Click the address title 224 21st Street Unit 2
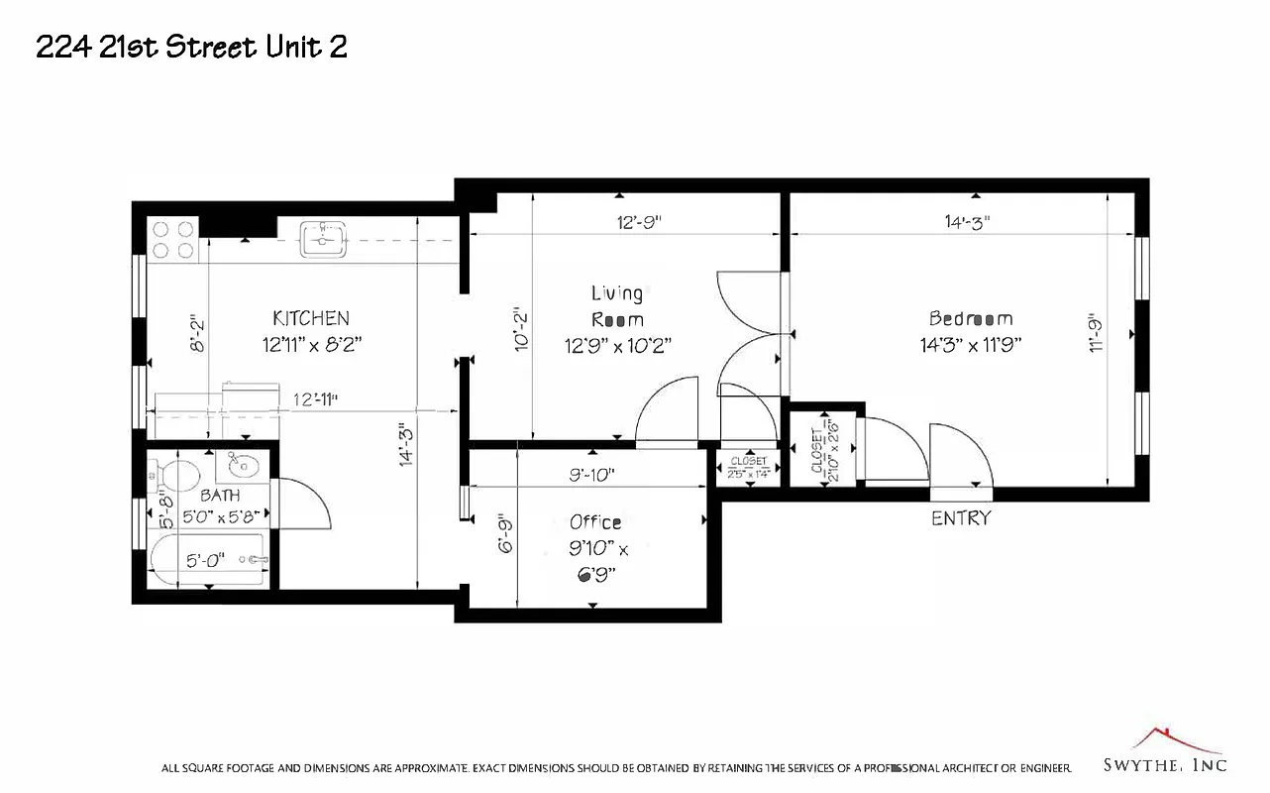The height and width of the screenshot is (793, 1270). [x=191, y=47]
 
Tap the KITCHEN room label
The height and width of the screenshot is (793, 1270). [x=310, y=318]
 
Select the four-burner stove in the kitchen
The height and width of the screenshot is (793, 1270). [x=171, y=239]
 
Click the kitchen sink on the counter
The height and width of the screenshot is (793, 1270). [x=323, y=239]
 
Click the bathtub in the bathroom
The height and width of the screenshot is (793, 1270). [x=207, y=561]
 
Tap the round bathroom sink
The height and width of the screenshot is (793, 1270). [x=242, y=465]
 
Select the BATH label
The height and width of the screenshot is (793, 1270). [x=219, y=495]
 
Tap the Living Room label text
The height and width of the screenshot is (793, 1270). [x=617, y=306]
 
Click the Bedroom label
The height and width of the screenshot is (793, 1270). [x=971, y=318]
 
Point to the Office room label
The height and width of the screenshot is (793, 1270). [x=595, y=522]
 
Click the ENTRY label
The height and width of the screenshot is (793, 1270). [x=960, y=517]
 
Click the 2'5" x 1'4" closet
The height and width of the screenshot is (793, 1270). [x=748, y=467]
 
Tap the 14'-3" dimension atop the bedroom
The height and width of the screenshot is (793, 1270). [x=967, y=222]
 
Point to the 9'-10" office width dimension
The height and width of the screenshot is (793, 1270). [x=591, y=475]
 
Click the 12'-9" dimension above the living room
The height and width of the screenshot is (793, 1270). [x=639, y=222]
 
